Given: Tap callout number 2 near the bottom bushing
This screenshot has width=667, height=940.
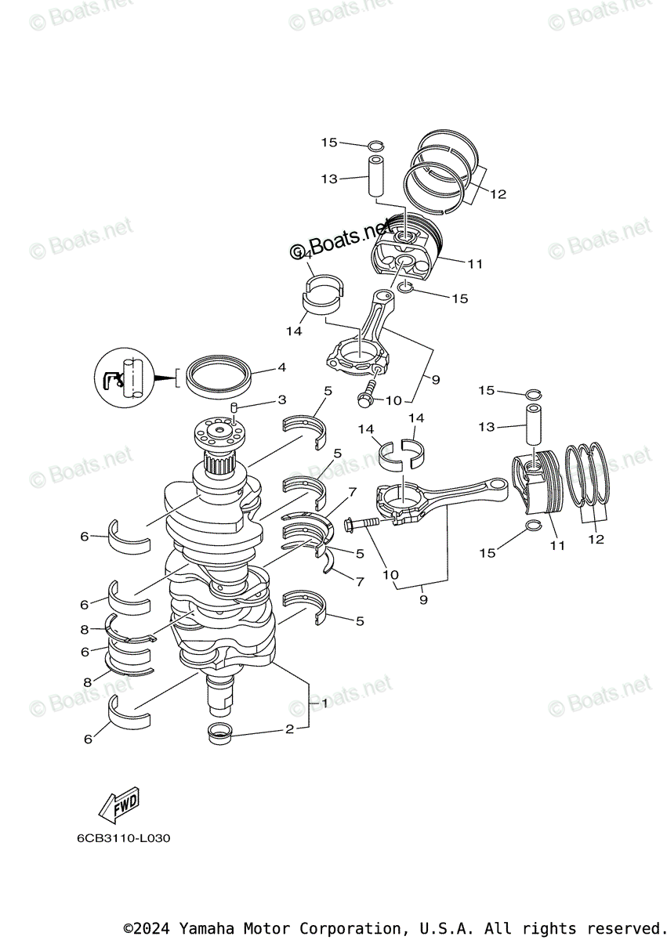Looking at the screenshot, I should [x=289, y=729].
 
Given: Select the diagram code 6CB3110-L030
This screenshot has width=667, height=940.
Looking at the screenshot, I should [x=123, y=838].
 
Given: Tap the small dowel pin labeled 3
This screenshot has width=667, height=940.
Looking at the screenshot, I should [x=234, y=407].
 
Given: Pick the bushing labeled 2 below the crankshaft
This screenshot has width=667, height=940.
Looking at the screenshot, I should [x=220, y=735].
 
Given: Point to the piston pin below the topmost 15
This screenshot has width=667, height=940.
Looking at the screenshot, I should [x=375, y=178].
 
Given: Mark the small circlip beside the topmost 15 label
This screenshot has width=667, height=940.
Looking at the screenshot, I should [x=375, y=145].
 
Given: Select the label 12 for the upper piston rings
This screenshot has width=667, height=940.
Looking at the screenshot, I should [x=498, y=194].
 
